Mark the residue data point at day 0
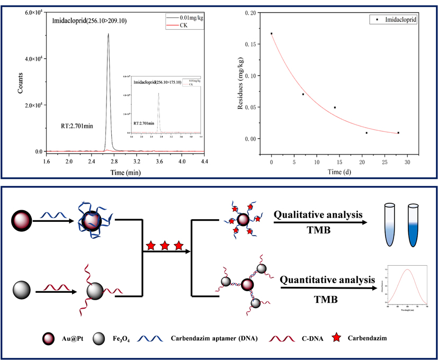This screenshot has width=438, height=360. pos(272,33)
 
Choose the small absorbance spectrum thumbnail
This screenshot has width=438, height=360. pos(407,287)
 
